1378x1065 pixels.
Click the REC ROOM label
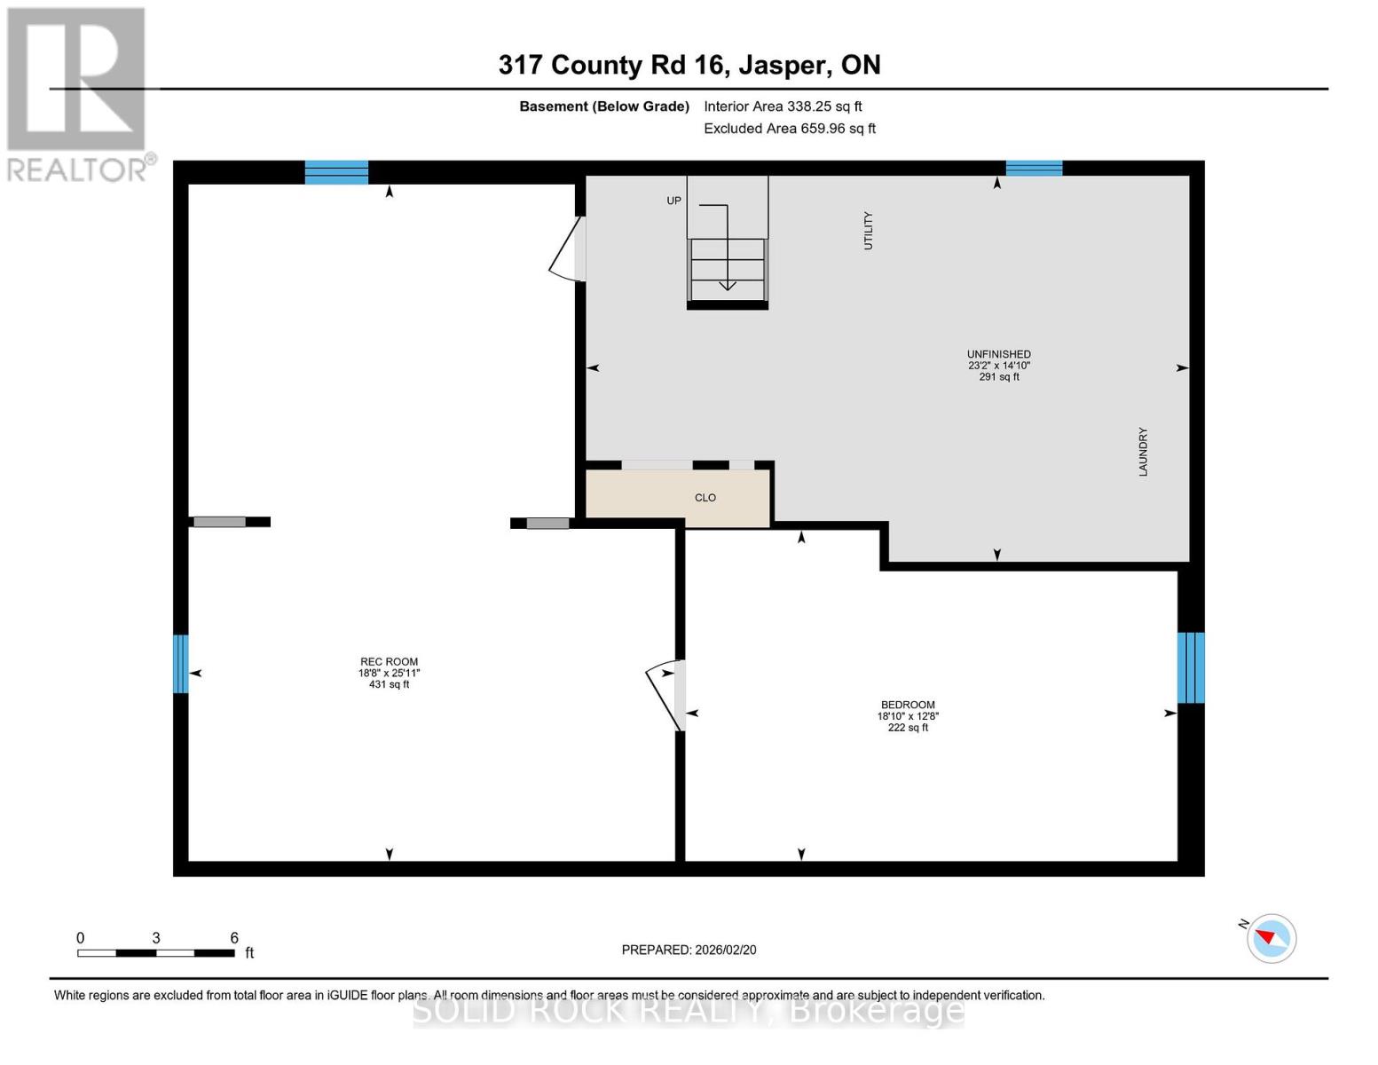[x=389, y=662]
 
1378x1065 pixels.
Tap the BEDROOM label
[x=908, y=706]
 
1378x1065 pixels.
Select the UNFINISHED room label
[x=998, y=355]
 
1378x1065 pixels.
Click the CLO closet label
[x=705, y=498]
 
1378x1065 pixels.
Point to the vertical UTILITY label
[x=869, y=231]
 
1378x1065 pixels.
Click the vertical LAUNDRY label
[x=1143, y=452]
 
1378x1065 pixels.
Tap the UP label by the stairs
[x=674, y=201]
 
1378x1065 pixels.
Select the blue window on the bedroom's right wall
[x=1190, y=667]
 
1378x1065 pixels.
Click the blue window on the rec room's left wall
[x=181, y=664]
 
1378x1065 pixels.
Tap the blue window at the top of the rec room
[x=336, y=172]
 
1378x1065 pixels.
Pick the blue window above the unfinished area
[x=1034, y=169]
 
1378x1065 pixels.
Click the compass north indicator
[x=1271, y=938]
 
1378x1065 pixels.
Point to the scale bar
[x=156, y=953]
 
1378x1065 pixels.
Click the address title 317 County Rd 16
[x=689, y=65]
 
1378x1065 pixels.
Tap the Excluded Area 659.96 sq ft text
[x=789, y=129]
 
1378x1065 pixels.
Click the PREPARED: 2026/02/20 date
[x=689, y=950]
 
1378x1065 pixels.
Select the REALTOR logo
[x=78, y=93]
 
